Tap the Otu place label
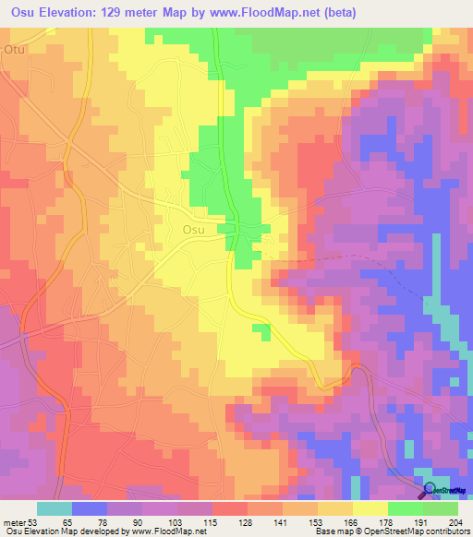tap(14, 49)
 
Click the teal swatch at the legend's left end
tap(55, 508)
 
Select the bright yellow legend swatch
tap(370, 508)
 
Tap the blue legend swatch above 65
tap(90, 508)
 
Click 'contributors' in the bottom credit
tap(443, 531)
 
